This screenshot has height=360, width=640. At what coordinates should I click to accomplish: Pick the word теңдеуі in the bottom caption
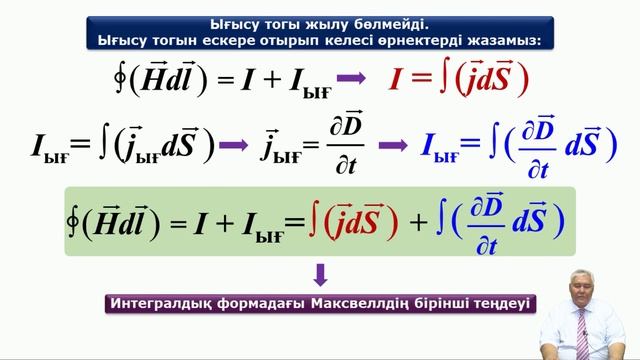pyautogui.click(x=500, y=302)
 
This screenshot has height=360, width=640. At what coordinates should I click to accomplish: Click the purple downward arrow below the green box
pyautogui.click(x=321, y=273)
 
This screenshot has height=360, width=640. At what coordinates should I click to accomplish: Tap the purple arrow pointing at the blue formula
pyautogui.click(x=392, y=144)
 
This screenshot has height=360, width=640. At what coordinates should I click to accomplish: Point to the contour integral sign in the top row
pyautogui.click(x=121, y=78)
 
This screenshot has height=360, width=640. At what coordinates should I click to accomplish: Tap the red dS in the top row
pyautogui.click(x=495, y=79)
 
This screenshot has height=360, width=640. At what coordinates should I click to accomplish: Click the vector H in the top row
pyautogui.click(x=150, y=78)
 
